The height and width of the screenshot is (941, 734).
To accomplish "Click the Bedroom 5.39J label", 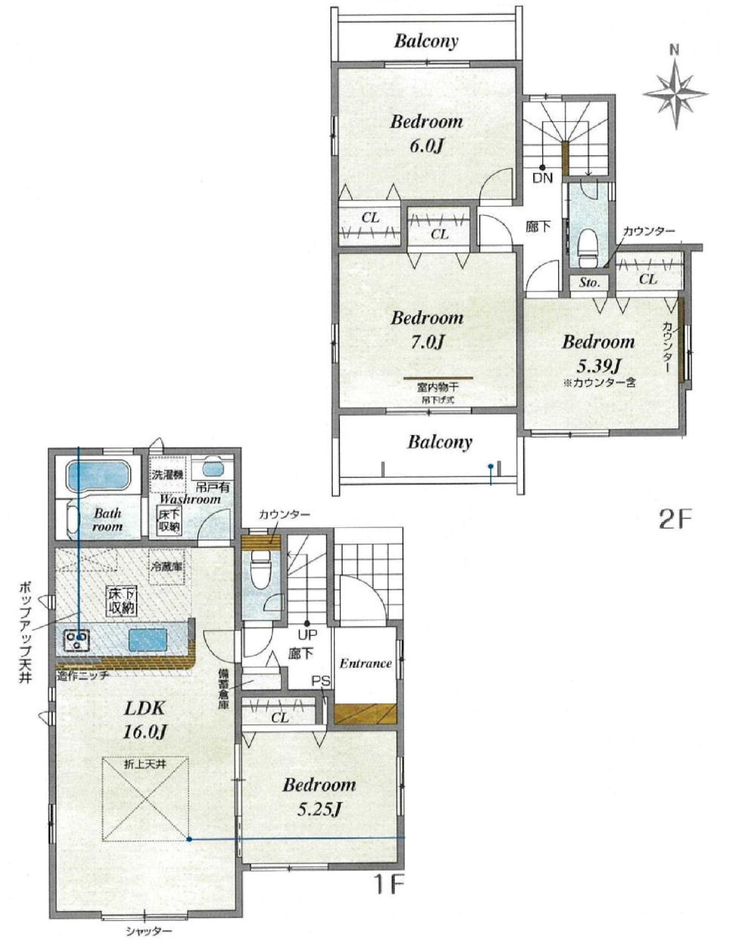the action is pyautogui.click(x=598, y=354).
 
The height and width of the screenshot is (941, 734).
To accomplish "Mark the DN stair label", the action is pyautogui.click(x=543, y=178).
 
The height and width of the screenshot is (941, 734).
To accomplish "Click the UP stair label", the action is pyautogui.click(x=307, y=634).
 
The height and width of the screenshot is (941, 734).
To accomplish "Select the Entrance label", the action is pyautogui.click(x=366, y=663).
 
